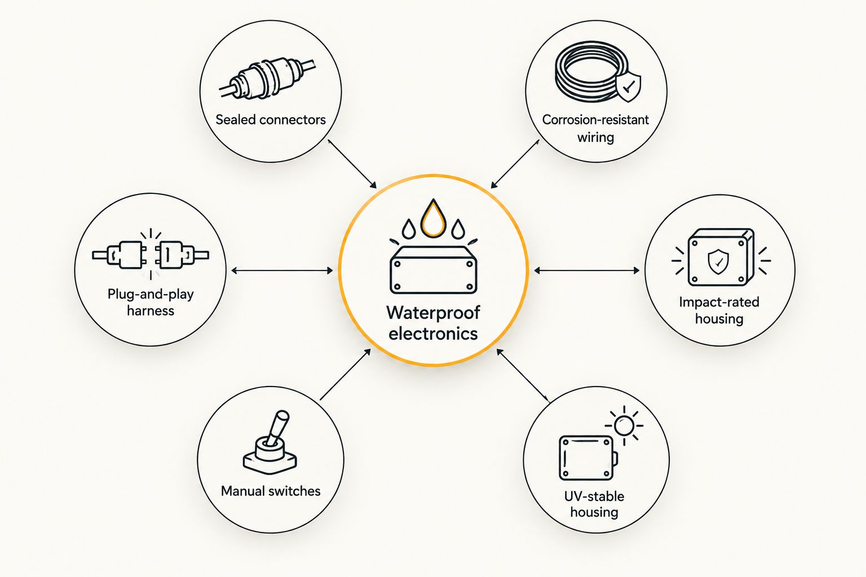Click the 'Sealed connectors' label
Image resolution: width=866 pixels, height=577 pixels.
(x=271, y=119)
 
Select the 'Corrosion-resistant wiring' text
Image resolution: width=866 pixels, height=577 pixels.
(x=595, y=128)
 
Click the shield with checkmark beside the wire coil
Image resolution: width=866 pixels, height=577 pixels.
(x=628, y=86)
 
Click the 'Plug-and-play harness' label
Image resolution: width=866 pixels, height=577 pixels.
(x=151, y=302)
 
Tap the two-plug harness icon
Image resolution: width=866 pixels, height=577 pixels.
(x=151, y=255)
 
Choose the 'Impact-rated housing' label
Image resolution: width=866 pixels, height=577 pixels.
(x=719, y=310)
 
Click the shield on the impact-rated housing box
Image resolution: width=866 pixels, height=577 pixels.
(x=718, y=261)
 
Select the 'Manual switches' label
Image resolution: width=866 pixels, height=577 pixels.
(x=271, y=491)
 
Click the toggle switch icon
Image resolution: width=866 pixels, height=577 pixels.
(x=270, y=442)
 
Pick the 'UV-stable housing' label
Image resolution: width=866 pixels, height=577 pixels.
(x=594, y=504)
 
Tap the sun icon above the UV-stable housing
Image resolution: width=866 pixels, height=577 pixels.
(x=624, y=425)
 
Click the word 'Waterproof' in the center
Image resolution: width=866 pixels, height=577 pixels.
(x=433, y=312)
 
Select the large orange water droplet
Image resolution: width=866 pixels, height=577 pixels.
(x=434, y=218)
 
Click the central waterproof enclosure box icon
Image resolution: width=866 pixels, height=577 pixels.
(x=434, y=270)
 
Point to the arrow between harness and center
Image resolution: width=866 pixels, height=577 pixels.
(x=282, y=270)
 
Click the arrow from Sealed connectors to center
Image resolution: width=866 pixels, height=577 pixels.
(x=352, y=164)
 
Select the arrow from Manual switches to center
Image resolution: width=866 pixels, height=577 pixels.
(x=346, y=374)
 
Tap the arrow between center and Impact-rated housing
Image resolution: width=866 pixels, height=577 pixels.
(x=586, y=270)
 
